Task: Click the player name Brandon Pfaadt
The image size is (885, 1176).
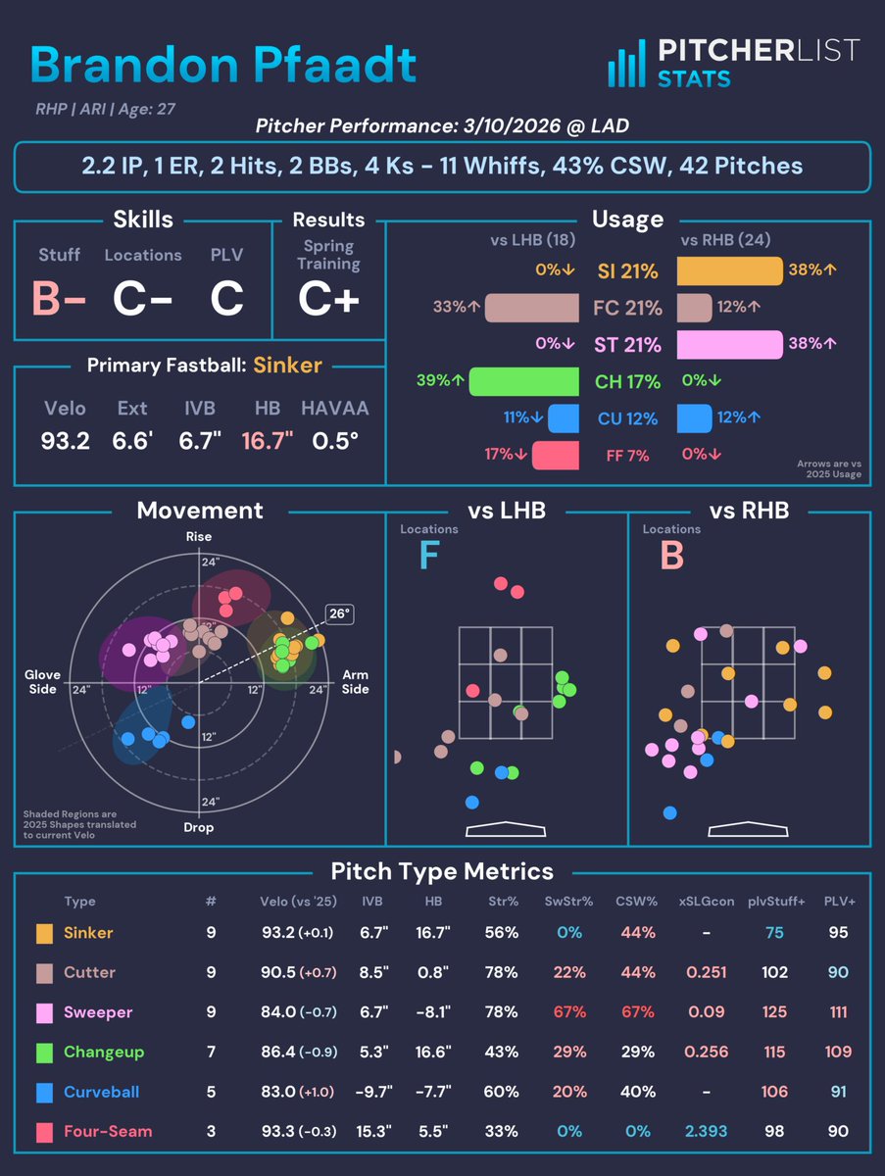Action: (223, 64)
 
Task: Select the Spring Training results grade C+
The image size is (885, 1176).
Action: (328, 299)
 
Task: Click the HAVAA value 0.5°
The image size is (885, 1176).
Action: (333, 441)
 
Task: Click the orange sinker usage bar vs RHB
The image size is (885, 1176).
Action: (729, 271)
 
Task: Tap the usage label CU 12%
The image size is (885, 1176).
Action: (628, 419)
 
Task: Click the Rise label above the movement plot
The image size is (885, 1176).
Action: (199, 537)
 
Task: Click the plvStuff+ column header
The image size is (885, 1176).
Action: (774, 902)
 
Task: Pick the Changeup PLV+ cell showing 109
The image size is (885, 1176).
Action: (837, 1053)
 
